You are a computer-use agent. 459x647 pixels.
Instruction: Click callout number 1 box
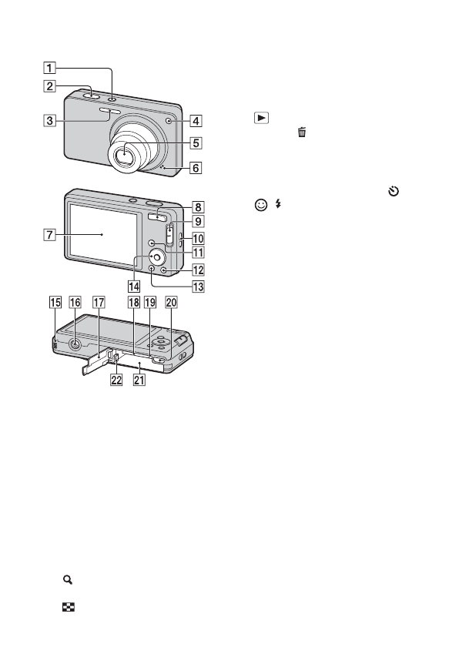(x=49, y=68)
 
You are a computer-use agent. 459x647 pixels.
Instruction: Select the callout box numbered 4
(x=196, y=121)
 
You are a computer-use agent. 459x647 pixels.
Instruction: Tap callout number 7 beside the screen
(x=49, y=235)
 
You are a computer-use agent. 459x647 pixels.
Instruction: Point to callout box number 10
(x=199, y=239)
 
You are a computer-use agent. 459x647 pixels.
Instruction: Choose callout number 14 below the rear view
(x=134, y=286)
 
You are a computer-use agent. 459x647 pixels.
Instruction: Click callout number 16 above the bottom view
(x=75, y=302)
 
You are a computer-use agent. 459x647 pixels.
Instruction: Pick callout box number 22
(x=116, y=380)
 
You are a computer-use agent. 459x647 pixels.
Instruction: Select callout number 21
(x=139, y=380)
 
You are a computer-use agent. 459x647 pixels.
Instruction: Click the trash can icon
(x=303, y=132)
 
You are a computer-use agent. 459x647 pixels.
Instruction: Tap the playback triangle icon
(x=261, y=118)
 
